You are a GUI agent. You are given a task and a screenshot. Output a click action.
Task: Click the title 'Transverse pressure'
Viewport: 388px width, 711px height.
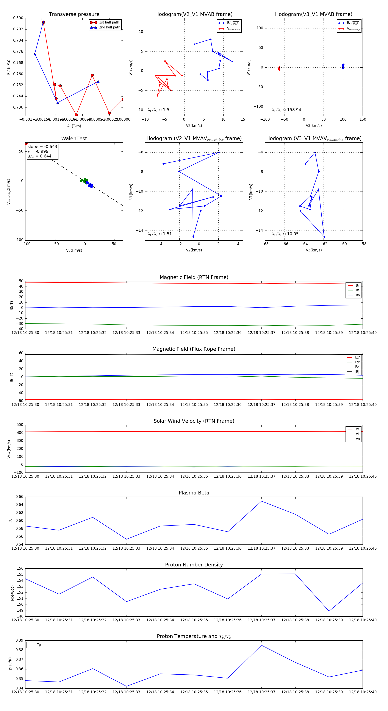click(x=74, y=14)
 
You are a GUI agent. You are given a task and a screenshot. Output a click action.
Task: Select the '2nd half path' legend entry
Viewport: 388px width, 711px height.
click(x=109, y=27)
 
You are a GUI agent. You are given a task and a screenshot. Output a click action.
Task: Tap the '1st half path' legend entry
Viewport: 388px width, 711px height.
click(x=109, y=22)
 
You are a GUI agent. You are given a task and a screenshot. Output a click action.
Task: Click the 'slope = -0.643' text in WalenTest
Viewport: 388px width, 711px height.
click(x=42, y=147)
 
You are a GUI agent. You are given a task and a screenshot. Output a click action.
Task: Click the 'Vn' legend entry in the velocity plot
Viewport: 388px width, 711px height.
click(x=357, y=439)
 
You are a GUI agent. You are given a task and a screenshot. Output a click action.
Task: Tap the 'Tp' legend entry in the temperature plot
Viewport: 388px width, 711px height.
click(x=39, y=645)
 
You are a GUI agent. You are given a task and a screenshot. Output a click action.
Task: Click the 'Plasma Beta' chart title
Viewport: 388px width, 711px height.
click(x=194, y=493)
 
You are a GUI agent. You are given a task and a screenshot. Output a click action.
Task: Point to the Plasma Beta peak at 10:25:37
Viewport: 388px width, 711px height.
click(x=261, y=501)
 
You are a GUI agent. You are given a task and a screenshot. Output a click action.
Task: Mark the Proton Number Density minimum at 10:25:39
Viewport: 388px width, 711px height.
click(x=329, y=611)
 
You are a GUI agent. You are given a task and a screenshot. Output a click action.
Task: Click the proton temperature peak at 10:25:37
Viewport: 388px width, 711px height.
click(x=261, y=645)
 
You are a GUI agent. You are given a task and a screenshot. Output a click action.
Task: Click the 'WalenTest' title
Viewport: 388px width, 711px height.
click(x=74, y=139)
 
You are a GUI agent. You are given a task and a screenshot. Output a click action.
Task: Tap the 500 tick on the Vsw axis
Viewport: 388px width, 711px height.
click(x=20, y=425)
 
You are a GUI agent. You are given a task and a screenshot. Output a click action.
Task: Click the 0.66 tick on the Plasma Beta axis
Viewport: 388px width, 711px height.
click(x=19, y=497)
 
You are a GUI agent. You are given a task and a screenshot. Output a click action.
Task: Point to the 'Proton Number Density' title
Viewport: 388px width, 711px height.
click(x=194, y=564)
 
